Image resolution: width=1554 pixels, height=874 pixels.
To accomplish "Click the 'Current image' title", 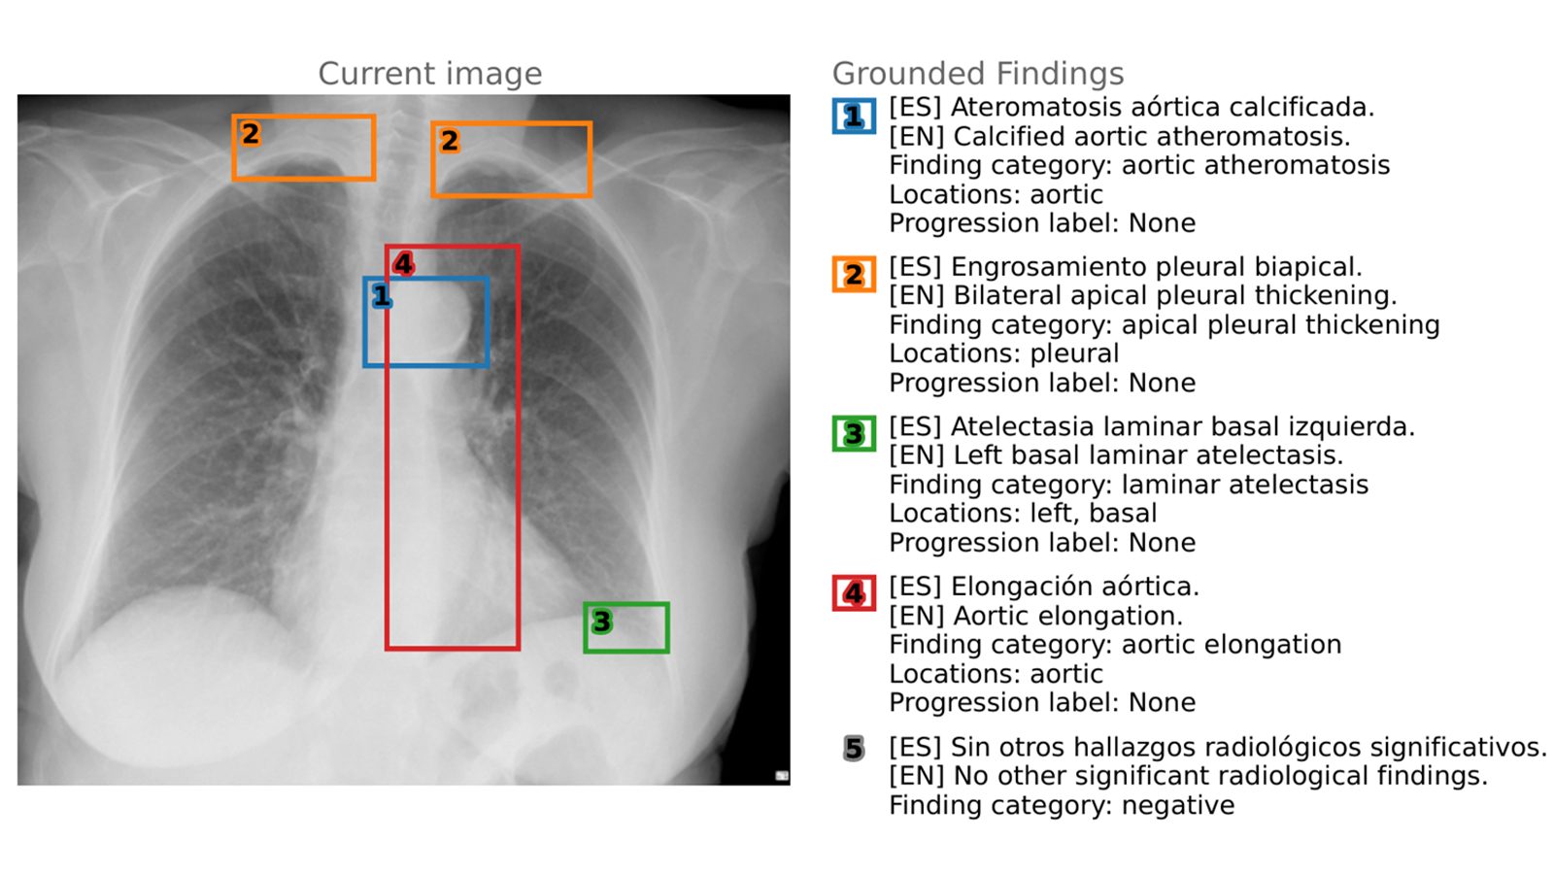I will [x=429, y=74].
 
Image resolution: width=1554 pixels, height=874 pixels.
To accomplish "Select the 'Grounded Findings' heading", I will [x=977, y=74].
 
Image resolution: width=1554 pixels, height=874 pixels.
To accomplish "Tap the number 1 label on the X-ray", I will [x=381, y=296].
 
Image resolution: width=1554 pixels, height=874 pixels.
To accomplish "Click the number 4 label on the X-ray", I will [x=403, y=263].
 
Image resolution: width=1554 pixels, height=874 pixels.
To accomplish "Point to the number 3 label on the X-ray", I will [x=601, y=622].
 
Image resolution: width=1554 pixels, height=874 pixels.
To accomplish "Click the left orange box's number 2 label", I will [x=250, y=134].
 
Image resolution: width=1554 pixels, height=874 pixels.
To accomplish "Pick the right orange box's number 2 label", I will [x=449, y=141].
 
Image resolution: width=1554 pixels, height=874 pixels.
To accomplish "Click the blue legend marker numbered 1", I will [x=853, y=117].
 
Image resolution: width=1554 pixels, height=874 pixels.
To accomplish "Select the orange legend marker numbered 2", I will [x=853, y=275].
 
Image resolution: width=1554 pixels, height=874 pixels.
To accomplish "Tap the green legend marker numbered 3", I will [x=853, y=433].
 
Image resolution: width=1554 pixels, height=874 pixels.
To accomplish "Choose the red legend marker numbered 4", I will [x=853, y=592].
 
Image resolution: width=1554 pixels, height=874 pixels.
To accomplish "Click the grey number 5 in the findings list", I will [x=853, y=749].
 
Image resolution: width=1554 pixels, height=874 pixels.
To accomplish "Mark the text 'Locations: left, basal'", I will [x=1023, y=513].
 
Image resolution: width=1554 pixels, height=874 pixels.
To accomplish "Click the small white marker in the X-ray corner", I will [x=781, y=775].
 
